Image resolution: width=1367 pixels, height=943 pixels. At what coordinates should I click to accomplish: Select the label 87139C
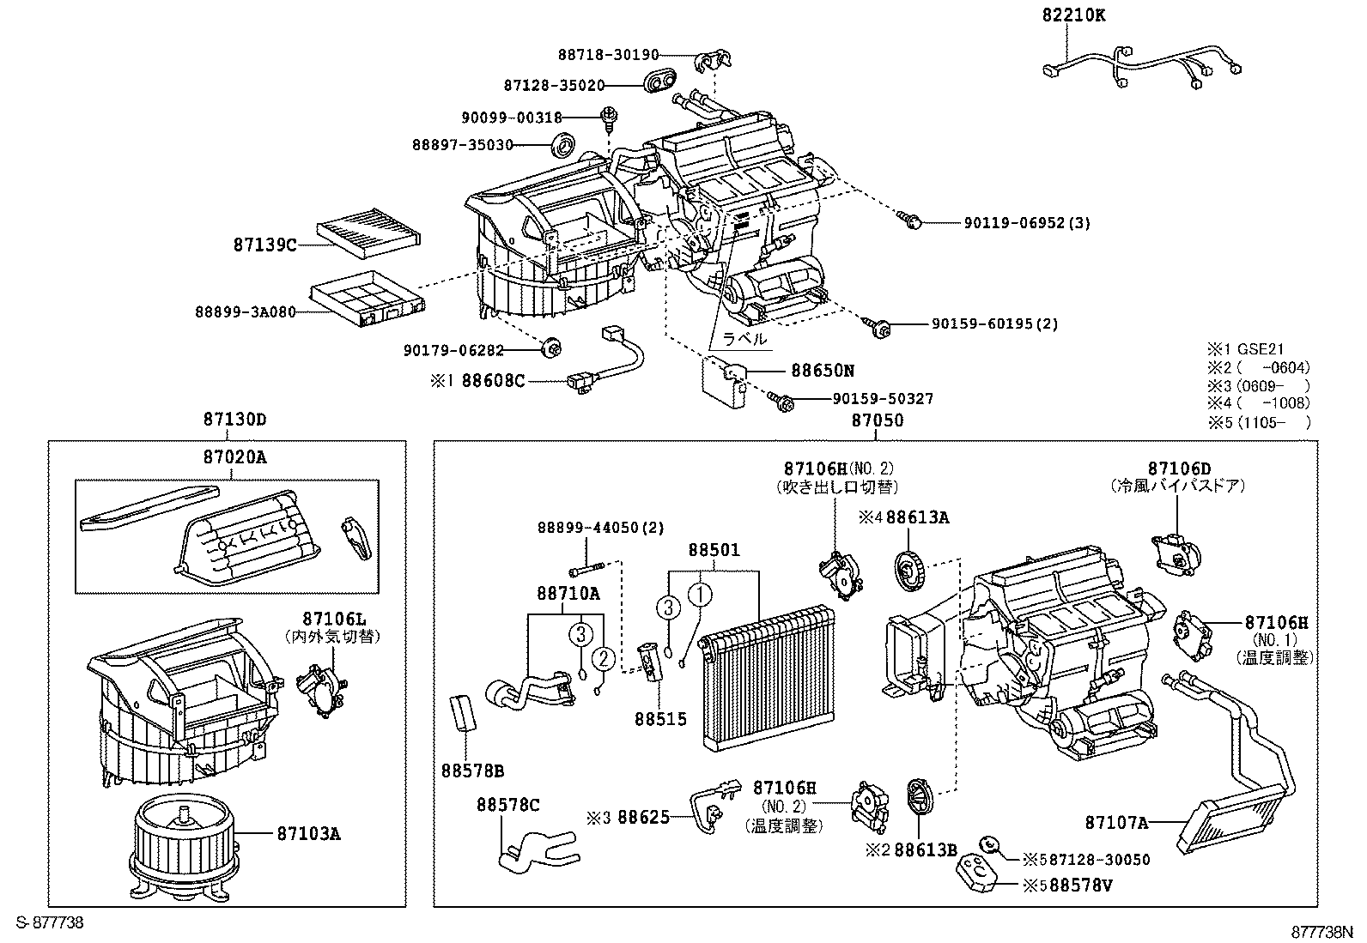click(x=264, y=245)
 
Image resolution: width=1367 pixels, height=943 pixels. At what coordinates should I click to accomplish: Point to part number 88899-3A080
click(x=245, y=312)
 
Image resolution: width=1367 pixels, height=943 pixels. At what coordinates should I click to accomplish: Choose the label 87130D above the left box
click(x=234, y=420)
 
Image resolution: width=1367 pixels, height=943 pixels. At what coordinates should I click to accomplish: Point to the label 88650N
click(x=823, y=371)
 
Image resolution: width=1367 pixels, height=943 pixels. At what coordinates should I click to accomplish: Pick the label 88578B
click(x=472, y=771)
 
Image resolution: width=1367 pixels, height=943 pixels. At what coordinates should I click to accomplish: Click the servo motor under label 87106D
click(x=1176, y=553)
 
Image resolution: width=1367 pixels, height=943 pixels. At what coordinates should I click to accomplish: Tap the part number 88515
click(x=660, y=718)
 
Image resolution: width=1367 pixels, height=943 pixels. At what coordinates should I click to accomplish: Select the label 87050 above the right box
click(x=877, y=420)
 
